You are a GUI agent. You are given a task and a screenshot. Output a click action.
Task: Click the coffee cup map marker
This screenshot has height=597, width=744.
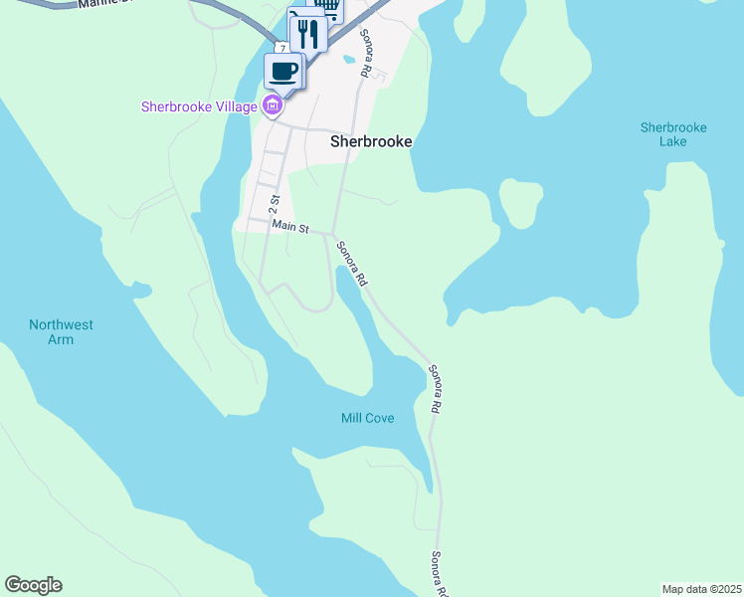tap(283, 72)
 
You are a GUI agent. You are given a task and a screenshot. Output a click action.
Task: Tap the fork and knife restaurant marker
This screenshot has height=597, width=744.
tap(308, 34)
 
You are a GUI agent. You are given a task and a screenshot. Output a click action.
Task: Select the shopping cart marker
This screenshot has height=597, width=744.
tap(329, 8)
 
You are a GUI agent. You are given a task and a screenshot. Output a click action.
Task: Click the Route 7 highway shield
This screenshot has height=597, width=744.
tap(283, 48)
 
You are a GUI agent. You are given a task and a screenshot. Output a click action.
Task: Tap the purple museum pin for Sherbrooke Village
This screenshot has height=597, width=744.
tap(272, 106)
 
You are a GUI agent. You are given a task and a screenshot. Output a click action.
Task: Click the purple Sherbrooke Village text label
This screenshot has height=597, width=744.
tap(199, 106)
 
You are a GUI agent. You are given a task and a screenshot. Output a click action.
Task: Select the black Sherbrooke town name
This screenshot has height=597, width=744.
tap(371, 142)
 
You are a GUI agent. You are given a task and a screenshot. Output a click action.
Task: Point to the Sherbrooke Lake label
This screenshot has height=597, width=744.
tap(673, 134)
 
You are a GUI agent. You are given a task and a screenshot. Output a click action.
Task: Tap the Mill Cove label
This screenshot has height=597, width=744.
tap(367, 418)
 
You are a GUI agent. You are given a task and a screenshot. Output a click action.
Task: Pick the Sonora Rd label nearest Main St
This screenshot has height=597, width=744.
tap(351, 264)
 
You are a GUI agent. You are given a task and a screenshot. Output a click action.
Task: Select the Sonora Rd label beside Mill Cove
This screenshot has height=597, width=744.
tap(435, 389)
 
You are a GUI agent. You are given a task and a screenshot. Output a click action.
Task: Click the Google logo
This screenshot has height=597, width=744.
tap(33, 585)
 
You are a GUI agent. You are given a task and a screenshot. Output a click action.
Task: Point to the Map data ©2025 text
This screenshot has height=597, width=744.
tap(701, 589)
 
